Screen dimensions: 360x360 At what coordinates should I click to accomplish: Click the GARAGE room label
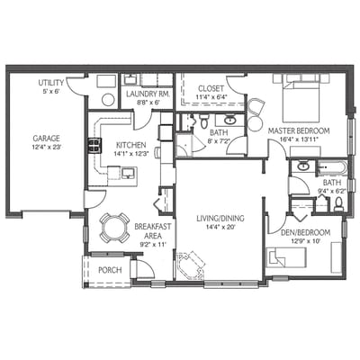point(46,139)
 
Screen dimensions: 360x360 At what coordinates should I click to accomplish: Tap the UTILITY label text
point(50,83)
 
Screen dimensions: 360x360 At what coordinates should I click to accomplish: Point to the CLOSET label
point(211,88)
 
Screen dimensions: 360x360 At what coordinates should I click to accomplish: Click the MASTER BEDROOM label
point(299,130)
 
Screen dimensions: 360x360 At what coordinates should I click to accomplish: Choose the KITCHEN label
point(130,144)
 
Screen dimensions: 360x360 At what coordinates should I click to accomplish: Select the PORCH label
point(110,269)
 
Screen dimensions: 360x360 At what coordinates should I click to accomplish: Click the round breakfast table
point(114,228)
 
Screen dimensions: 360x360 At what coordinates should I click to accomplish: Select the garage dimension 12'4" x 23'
point(46,148)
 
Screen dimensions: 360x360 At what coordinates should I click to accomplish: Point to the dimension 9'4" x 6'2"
point(328,191)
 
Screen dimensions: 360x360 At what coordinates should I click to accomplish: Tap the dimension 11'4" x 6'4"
point(211,98)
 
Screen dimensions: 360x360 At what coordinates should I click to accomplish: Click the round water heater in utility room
point(106,100)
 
